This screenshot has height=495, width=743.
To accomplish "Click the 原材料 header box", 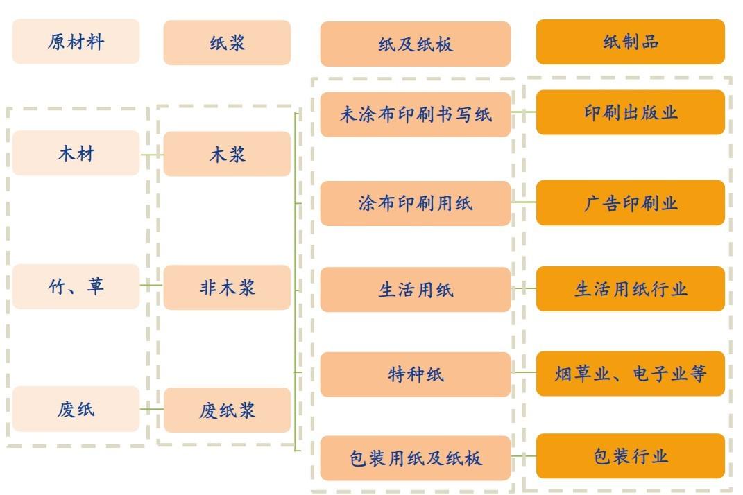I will click(x=76, y=42).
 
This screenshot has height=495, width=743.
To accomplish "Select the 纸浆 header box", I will click(x=227, y=43).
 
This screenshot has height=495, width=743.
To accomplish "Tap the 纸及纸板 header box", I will click(x=415, y=44).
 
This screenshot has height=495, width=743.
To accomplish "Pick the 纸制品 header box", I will click(x=630, y=42).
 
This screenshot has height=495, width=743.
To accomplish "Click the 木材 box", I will click(x=76, y=153).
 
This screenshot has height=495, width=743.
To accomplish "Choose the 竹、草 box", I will click(x=76, y=286).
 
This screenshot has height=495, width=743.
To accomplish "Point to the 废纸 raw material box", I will click(x=76, y=409).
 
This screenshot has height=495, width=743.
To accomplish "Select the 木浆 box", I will click(x=227, y=154).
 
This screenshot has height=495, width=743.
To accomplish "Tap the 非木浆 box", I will click(x=227, y=287).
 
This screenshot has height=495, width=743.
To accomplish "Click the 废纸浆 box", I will click(x=227, y=410).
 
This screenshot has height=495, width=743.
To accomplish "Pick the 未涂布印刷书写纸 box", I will click(x=415, y=114).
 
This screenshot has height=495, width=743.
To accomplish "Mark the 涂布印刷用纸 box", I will click(x=415, y=203).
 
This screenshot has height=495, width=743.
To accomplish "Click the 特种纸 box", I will click(x=415, y=374).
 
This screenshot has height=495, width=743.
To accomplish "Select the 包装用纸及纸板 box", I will click(x=415, y=458).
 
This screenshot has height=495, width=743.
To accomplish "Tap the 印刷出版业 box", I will click(x=630, y=112).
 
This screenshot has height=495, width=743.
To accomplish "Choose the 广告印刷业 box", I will click(x=630, y=203).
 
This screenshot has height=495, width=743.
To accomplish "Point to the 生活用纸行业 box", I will click(x=630, y=288).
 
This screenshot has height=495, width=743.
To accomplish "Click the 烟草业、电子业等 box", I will click(x=630, y=374).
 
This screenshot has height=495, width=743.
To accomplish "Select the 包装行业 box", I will click(x=630, y=455).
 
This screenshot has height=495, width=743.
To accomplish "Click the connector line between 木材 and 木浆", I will click(x=151, y=155).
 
